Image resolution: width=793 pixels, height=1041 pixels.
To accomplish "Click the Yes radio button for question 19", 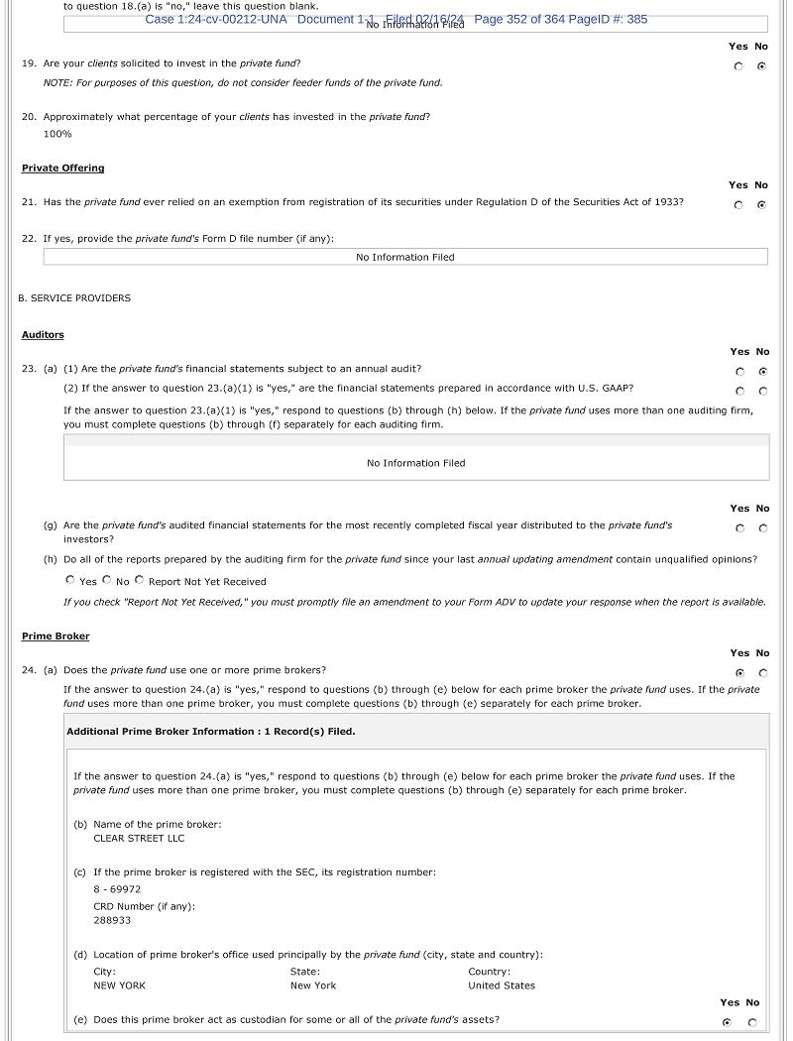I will point(738,66).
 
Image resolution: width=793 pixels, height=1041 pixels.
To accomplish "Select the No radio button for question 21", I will point(761,205).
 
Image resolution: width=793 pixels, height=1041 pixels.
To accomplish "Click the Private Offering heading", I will point(62,169).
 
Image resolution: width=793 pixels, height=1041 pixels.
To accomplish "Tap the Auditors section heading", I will point(43,335).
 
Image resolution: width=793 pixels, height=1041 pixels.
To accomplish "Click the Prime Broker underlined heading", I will point(56,636).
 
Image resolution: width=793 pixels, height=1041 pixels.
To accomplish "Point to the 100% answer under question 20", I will point(57,134).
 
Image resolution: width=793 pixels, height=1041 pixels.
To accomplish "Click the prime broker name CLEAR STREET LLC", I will point(139,838).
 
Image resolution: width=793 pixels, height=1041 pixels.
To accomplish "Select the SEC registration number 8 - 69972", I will point(117,889).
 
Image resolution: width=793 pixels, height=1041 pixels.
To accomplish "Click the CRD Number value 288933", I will point(112,920).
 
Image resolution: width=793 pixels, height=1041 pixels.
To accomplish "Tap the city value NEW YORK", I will point(119,985).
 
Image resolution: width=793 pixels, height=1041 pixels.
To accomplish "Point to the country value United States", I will point(501,985).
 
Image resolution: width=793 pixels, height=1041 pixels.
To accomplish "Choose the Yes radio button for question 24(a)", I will point(739,673).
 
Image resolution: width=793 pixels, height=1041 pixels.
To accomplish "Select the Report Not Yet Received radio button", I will point(139,580).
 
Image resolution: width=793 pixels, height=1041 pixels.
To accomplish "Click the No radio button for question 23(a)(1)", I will point(762,372).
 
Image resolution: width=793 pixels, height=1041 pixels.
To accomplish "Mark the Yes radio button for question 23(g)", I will point(739,528).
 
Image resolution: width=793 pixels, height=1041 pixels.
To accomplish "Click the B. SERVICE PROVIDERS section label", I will point(74,297).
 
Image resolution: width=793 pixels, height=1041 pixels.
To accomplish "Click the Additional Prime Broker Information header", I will point(210,732).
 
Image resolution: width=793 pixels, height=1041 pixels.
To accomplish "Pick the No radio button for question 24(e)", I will point(751,1022).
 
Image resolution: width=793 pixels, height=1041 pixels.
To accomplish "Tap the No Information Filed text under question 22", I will point(404,257).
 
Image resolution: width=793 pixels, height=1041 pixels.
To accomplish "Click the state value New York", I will point(313,985).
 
